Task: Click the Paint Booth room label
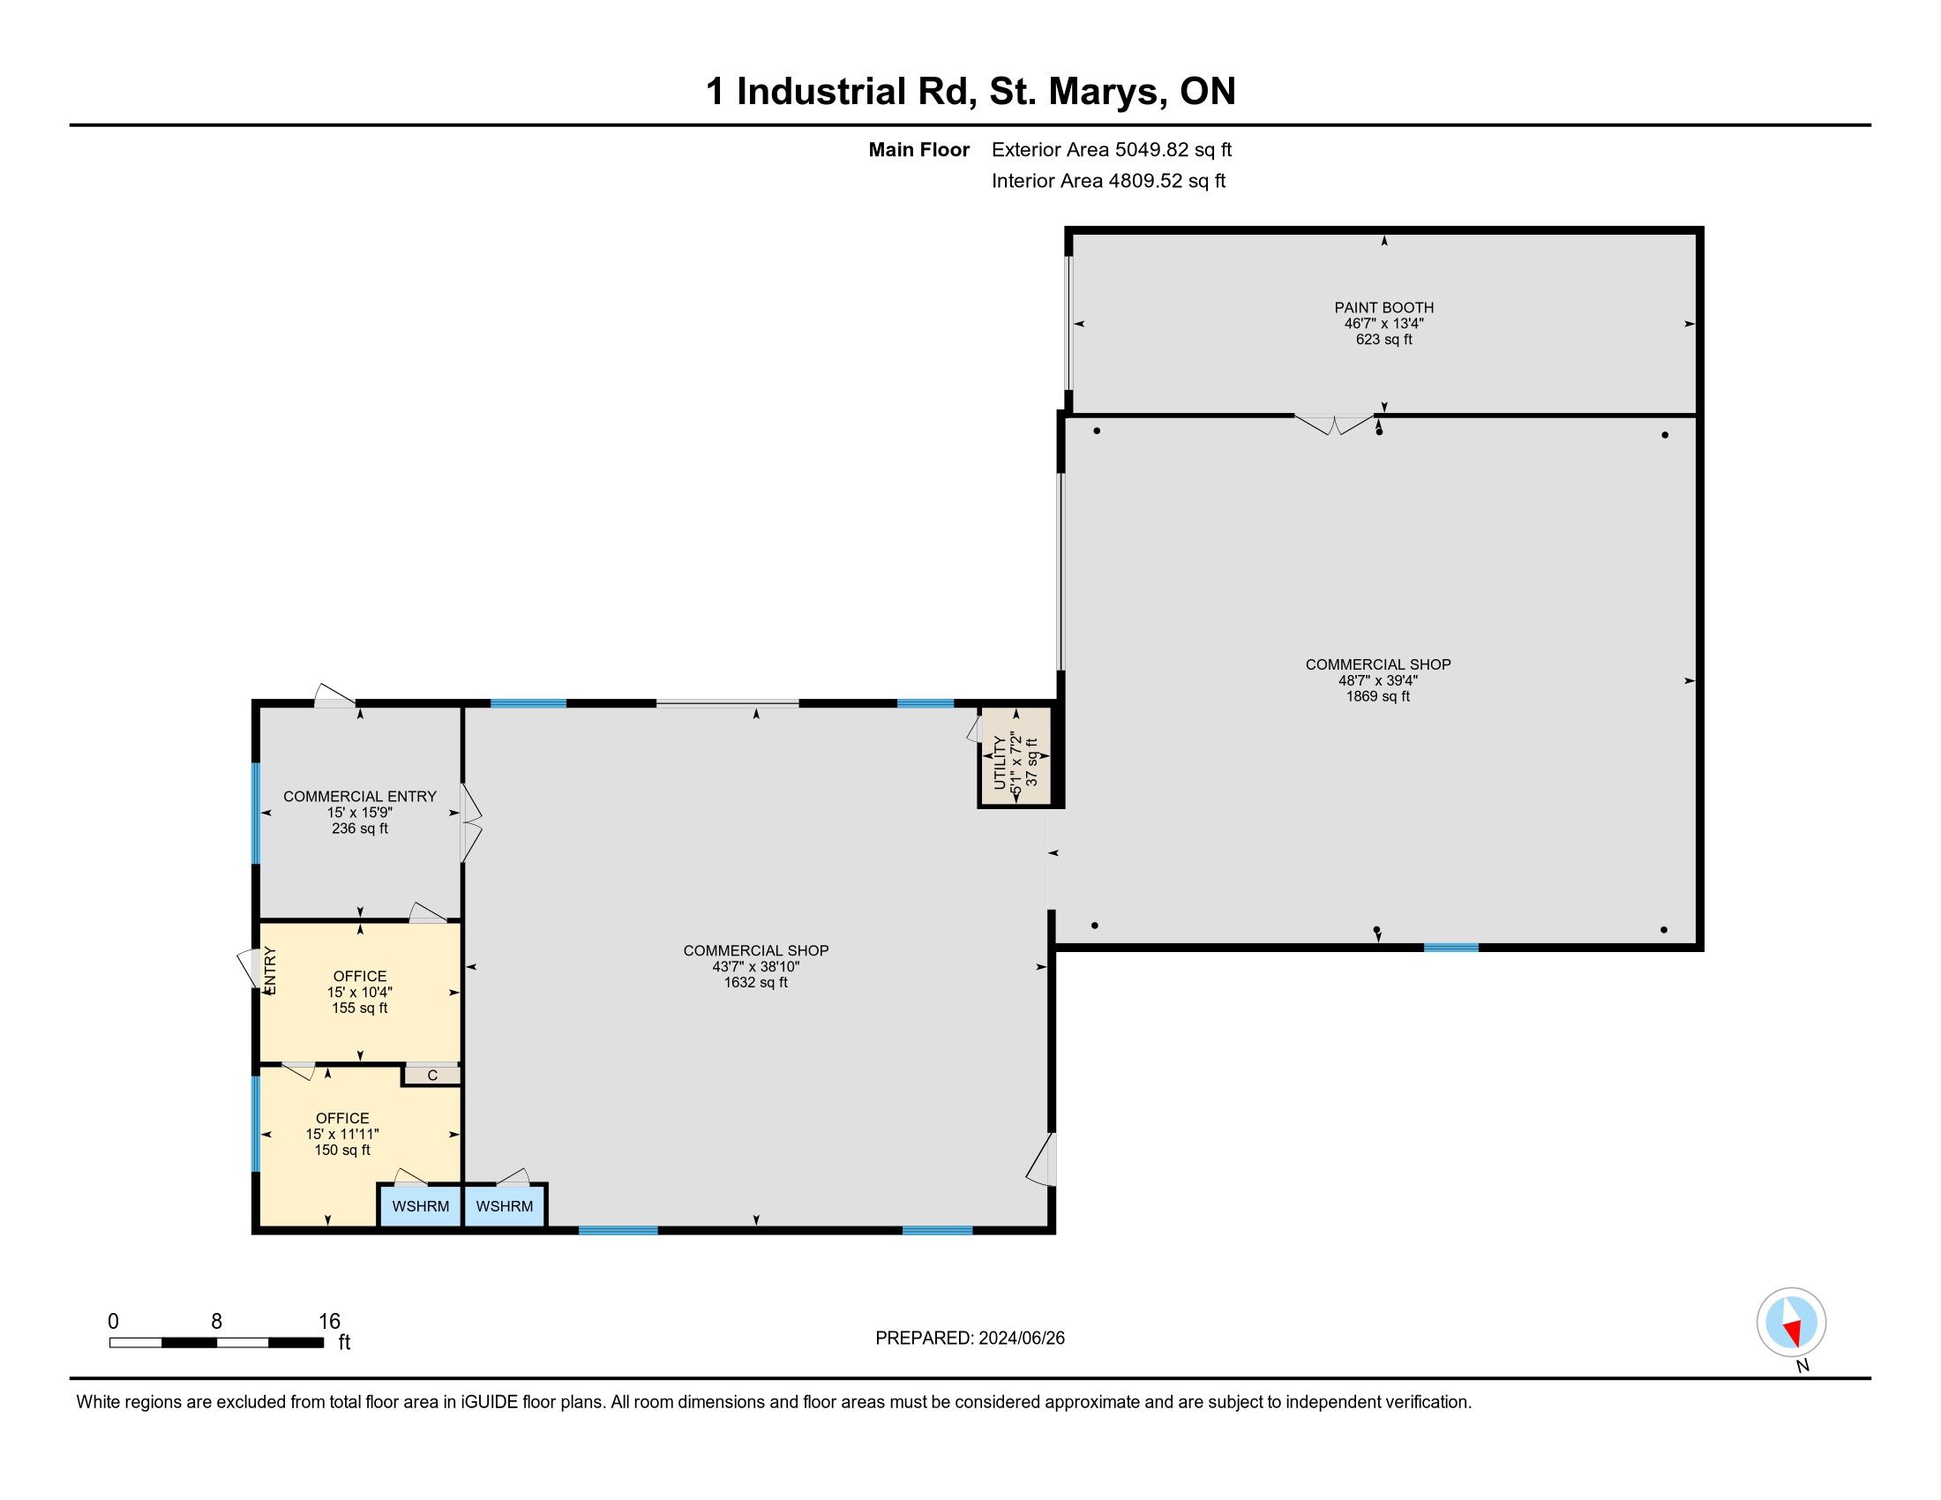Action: coord(1383,307)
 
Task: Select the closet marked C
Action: coord(432,1076)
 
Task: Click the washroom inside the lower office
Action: coord(420,1206)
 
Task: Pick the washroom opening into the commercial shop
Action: coord(504,1206)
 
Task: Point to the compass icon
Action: coord(1791,1322)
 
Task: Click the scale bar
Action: coord(216,1342)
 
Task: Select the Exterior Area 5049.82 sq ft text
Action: coord(1112,149)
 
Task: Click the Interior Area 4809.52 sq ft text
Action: coord(1108,180)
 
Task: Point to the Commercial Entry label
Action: coord(360,796)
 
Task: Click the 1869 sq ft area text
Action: coord(1377,697)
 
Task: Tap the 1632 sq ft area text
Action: coord(755,983)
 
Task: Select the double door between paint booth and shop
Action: coord(1334,424)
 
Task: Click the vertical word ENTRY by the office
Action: coord(270,970)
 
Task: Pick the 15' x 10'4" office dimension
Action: coord(360,992)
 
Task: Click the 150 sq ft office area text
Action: coord(342,1150)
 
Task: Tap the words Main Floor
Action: coord(919,149)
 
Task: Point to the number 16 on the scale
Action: coord(330,1322)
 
